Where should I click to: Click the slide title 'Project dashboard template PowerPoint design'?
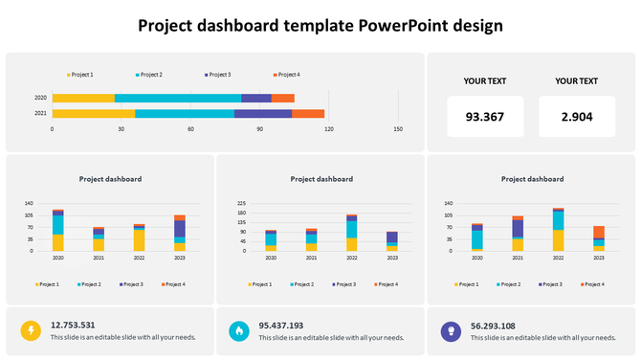click(x=320, y=26)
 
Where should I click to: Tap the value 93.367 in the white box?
click(x=484, y=117)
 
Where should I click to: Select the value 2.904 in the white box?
click(x=576, y=117)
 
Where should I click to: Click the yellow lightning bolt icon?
click(x=30, y=331)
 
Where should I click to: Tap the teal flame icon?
click(x=238, y=331)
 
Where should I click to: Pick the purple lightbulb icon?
click(x=449, y=331)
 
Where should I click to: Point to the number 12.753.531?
click(x=73, y=326)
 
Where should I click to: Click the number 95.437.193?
click(x=281, y=326)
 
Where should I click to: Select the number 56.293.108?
click(x=493, y=326)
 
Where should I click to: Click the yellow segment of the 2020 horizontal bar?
click(x=83, y=98)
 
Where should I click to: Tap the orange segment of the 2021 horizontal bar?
click(x=308, y=114)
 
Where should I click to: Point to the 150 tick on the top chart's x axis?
click(x=398, y=129)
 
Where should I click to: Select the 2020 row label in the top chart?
click(x=40, y=98)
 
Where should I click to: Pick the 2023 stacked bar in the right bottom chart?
click(x=599, y=238)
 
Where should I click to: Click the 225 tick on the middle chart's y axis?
click(x=241, y=203)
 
